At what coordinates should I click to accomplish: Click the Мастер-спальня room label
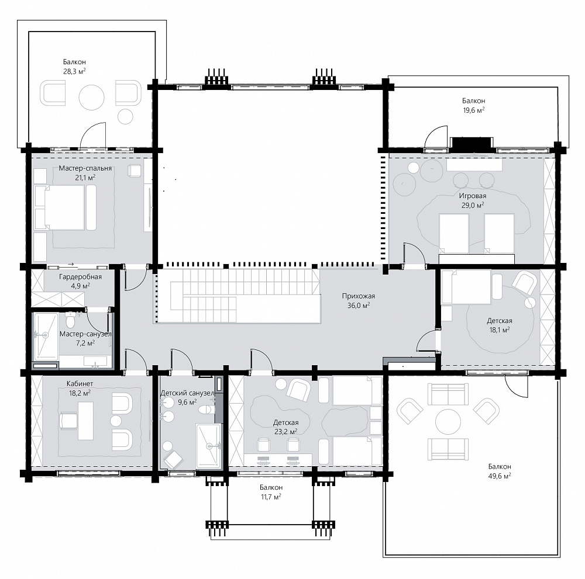(x=85, y=168)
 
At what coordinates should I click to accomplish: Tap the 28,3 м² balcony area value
(x=74, y=71)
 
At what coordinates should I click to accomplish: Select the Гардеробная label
(x=80, y=277)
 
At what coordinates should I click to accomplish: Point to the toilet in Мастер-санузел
(x=70, y=320)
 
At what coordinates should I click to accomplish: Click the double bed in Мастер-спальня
(x=60, y=208)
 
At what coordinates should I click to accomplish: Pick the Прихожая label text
(x=358, y=296)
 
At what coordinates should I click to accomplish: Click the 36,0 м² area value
(x=358, y=306)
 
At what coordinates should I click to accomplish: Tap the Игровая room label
(x=473, y=196)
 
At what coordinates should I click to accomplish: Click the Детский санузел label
(x=187, y=393)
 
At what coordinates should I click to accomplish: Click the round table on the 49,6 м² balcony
(x=448, y=422)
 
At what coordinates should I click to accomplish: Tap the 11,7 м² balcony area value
(x=271, y=497)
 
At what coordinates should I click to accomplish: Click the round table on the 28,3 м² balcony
(x=91, y=97)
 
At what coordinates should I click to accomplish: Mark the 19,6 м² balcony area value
(x=473, y=110)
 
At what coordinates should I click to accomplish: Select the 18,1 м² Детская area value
(x=500, y=330)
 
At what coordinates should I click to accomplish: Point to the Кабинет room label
(x=80, y=383)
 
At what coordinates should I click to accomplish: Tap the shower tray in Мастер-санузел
(x=46, y=336)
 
